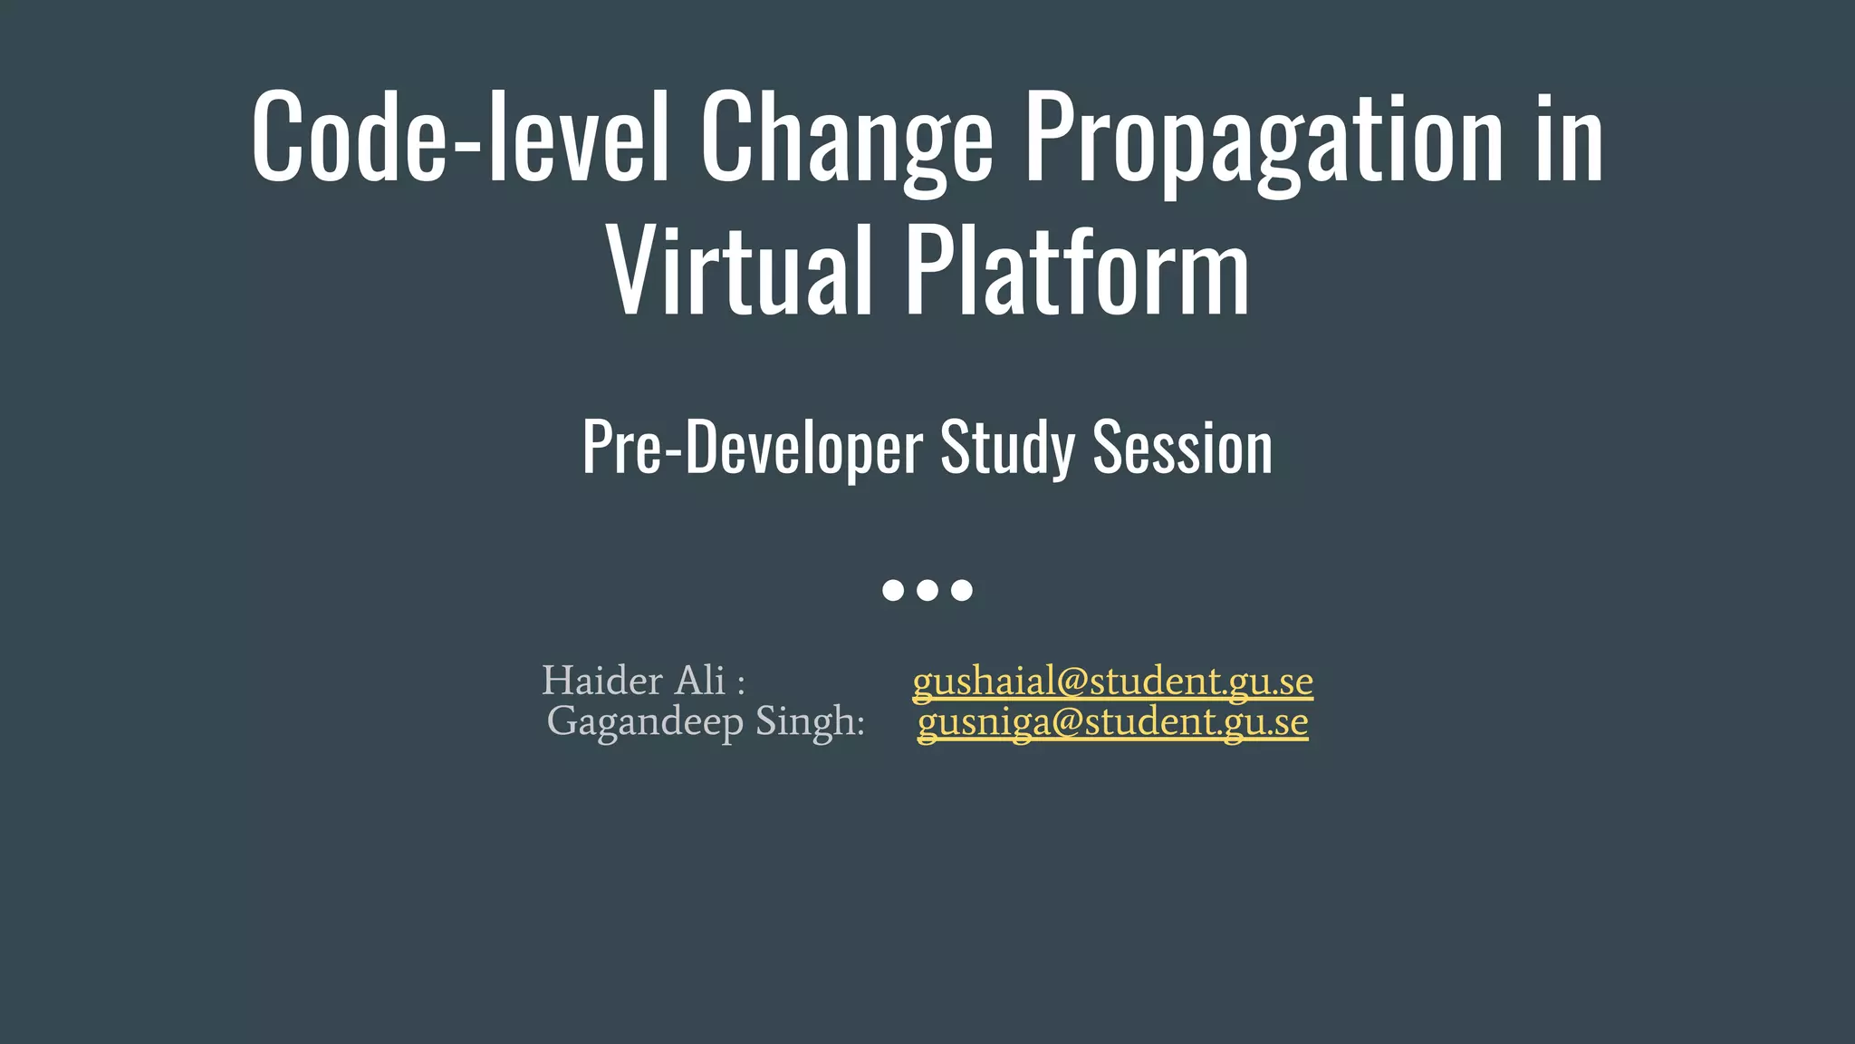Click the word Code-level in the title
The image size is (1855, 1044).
pos(460,136)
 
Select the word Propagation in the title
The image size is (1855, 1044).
pos(1264,140)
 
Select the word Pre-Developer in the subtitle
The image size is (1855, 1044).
pos(752,447)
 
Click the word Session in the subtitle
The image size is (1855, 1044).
pos(1182,447)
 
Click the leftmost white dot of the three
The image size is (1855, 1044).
pos(893,591)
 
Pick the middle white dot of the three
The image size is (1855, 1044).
pos(927,591)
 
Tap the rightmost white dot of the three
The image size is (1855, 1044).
pos(962,591)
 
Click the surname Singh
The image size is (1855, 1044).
pos(808,721)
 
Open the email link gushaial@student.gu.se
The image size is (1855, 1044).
pos(1112,681)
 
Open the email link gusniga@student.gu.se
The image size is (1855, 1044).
pos(1112,722)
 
